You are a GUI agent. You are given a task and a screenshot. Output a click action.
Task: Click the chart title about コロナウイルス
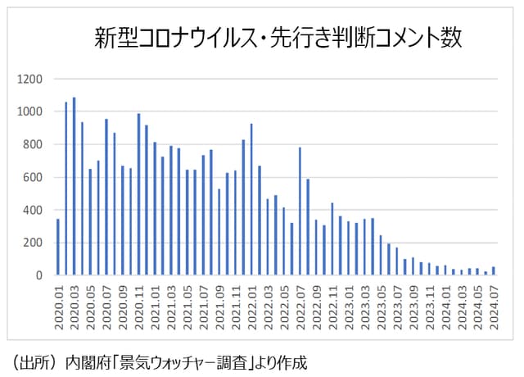click(x=278, y=38)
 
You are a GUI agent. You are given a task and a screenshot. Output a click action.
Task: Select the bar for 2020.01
click(x=57, y=247)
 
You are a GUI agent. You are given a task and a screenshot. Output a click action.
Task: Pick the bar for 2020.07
click(x=106, y=197)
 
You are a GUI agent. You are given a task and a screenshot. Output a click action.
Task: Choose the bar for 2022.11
click(x=332, y=238)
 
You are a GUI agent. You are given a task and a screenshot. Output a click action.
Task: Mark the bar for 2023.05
click(x=380, y=255)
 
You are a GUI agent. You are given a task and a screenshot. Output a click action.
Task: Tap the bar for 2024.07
click(x=493, y=270)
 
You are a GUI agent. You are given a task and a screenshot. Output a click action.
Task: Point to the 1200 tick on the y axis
click(x=29, y=79)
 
